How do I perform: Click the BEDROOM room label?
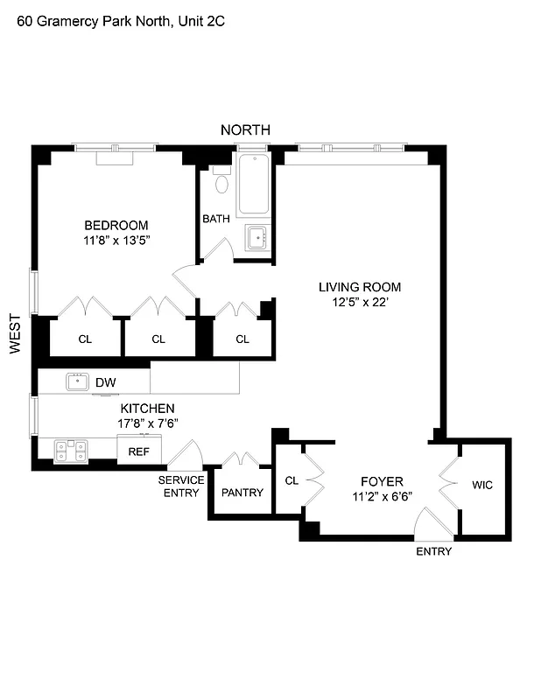coord(116,225)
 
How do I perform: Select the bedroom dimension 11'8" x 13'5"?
coord(116,241)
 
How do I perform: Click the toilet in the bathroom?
coord(221,184)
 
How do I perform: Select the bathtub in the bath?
coord(253,185)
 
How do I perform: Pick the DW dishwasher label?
coord(105,382)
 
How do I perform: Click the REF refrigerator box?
coord(139,451)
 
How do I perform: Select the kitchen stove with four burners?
coord(71,451)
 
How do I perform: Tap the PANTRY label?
coord(242,493)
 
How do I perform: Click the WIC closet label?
coord(482,485)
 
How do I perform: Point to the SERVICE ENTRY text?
coord(181,486)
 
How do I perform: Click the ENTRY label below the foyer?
coord(433,551)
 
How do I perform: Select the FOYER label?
coord(382,481)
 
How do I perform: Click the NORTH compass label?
coord(245,129)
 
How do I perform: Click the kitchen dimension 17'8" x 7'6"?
coord(147,423)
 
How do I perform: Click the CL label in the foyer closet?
coord(292,479)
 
